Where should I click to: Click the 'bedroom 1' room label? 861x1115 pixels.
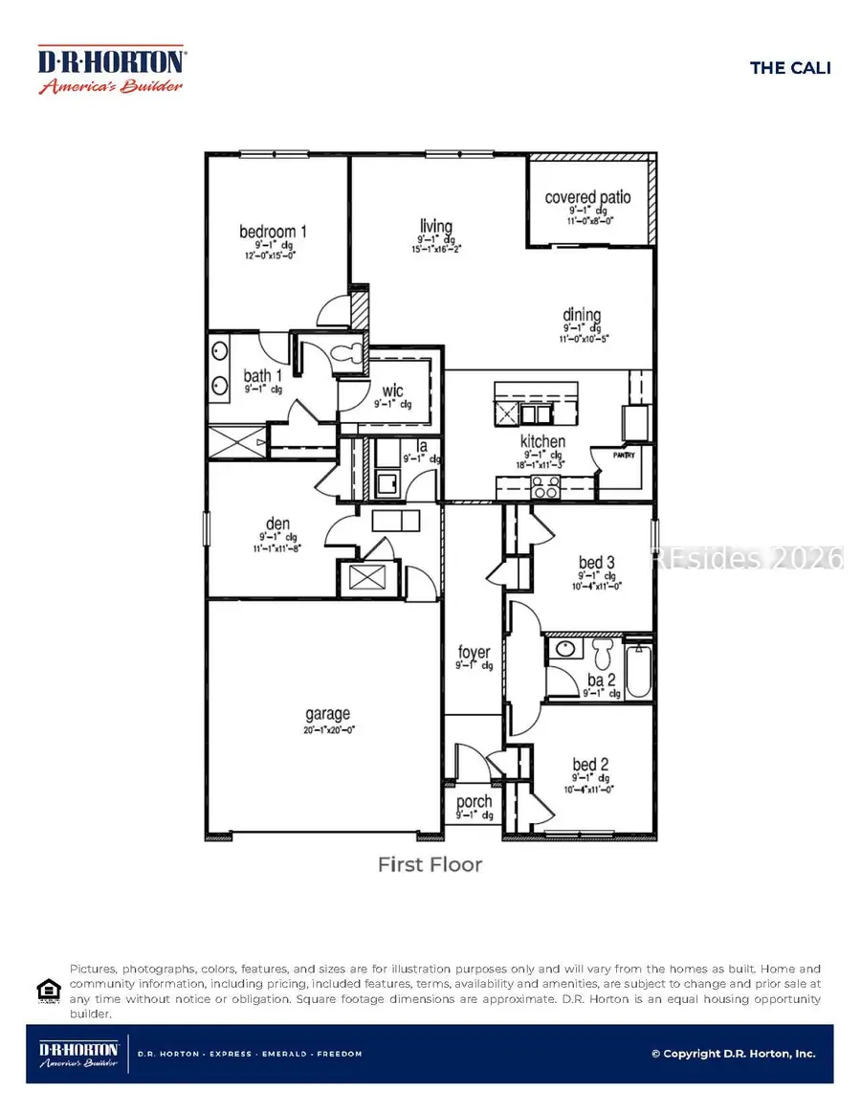coord(273,232)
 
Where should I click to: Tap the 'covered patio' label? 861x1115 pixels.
coord(587,197)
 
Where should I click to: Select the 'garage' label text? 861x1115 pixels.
coord(327,713)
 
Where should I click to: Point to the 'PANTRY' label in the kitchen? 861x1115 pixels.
coord(610,456)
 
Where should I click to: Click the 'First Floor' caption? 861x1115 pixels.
coord(430,865)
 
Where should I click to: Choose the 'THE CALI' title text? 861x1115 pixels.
coord(789,67)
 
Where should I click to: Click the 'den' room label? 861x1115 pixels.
coord(276,524)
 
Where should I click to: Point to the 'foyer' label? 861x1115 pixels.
coord(474,653)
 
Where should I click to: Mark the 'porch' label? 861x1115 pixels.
coord(474,802)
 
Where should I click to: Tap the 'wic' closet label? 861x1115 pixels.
coord(392,390)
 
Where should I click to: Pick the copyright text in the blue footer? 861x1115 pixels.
coord(733,1053)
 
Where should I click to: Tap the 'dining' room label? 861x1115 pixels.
coord(582,315)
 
